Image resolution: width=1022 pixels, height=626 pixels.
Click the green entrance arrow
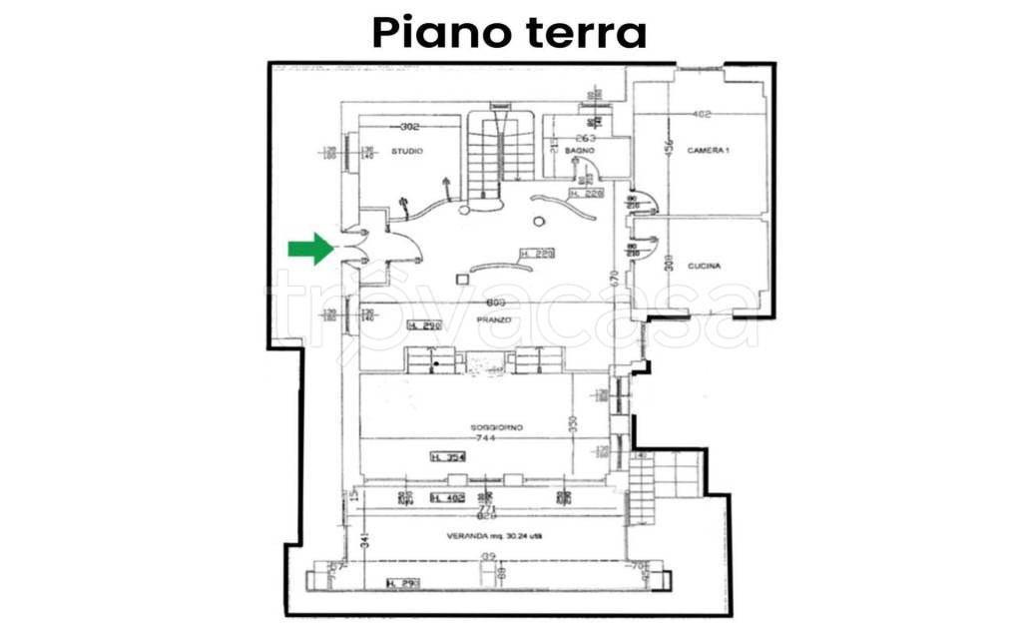pyautogui.click(x=310, y=249)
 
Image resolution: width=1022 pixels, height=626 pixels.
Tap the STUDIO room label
pyautogui.click(x=406, y=151)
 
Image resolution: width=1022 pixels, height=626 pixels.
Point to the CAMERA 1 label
pyautogui.click(x=709, y=150)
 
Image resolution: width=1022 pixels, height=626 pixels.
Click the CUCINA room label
pyautogui.click(x=704, y=266)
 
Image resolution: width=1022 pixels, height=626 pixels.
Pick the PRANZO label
pyautogui.click(x=493, y=319)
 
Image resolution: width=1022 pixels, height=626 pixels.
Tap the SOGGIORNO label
pyautogui.click(x=497, y=427)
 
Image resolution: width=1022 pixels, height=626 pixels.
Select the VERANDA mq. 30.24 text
pyautogui.click(x=487, y=536)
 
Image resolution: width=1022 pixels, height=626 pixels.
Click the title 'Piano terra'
pyautogui.click(x=509, y=32)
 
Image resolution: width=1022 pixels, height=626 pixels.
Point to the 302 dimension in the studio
pyautogui.click(x=408, y=127)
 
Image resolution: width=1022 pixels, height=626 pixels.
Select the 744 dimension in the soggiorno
pyautogui.click(x=485, y=438)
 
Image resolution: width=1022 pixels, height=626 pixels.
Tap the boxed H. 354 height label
pyautogui.click(x=448, y=457)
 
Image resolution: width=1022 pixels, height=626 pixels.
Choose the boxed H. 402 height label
pyautogui.click(x=448, y=497)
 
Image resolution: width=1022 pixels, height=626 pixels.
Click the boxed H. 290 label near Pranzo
pyautogui.click(x=425, y=325)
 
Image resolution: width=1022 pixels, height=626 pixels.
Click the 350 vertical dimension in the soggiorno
pyautogui.click(x=573, y=422)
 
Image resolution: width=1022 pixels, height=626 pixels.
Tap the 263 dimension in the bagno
pyautogui.click(x=586, y=138)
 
